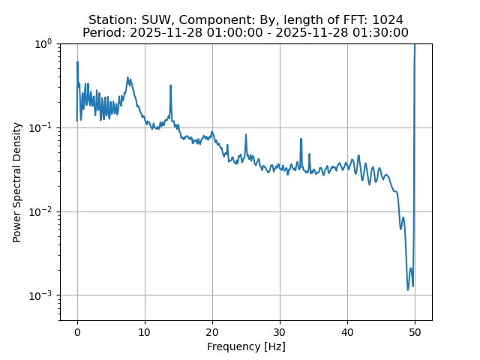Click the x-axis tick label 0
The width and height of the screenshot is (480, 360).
point(77,331)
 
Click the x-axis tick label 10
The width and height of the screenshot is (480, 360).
point(145,331)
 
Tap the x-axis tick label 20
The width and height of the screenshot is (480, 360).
point(212,331)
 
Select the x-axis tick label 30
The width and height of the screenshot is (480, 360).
point(280,331)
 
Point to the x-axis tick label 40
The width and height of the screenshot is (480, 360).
point(347,331)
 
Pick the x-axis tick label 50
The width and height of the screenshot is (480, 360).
point(415,331)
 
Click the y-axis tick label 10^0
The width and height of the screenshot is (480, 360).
point(42,43)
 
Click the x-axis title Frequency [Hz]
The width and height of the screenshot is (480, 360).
point(246,346)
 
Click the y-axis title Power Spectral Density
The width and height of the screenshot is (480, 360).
point(17,182)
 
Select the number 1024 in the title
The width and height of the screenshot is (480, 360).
point(388,19)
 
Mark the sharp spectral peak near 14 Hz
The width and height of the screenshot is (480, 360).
point(171,85)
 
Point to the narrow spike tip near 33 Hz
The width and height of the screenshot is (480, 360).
point(301,139)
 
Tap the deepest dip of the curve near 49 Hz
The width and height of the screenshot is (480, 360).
point(408,289)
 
